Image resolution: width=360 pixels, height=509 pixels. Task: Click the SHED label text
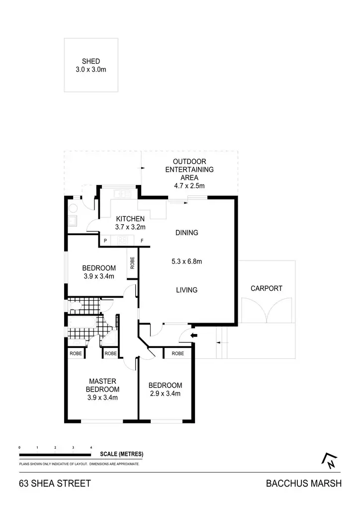click(91, 61)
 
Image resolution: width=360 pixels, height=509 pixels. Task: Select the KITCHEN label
click(130, 219)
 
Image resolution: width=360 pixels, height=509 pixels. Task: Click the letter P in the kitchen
click(105, 241)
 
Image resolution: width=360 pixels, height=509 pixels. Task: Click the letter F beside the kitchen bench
click(142, 241)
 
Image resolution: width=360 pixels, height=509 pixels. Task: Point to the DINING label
click(186, 232)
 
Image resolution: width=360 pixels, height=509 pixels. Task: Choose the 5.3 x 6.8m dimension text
click(186, 261)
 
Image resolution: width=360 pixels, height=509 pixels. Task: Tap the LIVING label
click(186, 290)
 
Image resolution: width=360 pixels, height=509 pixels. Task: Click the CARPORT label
click(267, 288)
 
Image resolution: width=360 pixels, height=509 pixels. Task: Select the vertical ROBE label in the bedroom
click(132, 262)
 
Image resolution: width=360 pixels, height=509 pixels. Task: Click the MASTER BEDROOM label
click(102, 385)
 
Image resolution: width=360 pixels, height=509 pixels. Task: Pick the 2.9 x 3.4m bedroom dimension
click(165, 394)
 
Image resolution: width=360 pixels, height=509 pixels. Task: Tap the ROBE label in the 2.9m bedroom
click(177, 353)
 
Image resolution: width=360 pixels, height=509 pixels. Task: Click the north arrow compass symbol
click(330, 461)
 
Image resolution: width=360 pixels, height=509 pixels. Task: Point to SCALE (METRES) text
click(121, 454)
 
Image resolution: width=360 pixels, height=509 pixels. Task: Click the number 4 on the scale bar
click(91, 447)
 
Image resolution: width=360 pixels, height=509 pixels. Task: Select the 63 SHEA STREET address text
click(55, 483)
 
